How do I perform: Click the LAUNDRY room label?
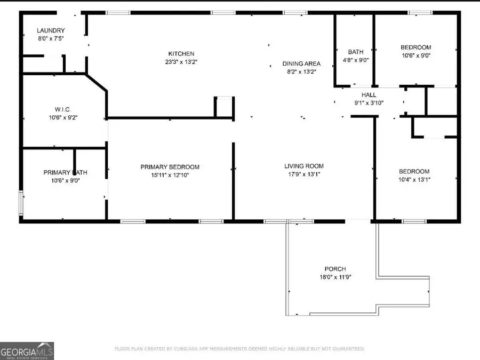click(x=51, y=31)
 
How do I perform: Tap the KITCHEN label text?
click(x=181, y=54)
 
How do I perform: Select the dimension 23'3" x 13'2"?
click(x=181, y=62)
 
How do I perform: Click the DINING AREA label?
click(x=301, y=63)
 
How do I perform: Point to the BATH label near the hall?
click(x=356, y=52)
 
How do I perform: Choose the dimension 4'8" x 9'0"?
click(x=356, y=60)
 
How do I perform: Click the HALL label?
click(x=369, y=95)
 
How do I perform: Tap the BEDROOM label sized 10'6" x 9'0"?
click(x=416, y=47)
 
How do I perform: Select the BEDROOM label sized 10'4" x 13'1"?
click(x=414, y=171)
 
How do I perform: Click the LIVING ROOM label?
click(x=304, y=166)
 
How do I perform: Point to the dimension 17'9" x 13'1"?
click(x=304, y=174)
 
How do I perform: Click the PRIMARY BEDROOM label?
click(x=170, y=167)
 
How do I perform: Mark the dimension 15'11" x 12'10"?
click(x=170, y=175)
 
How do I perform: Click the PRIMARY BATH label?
click(x=65, y=172)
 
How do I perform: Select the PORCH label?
click(x=335, y=269)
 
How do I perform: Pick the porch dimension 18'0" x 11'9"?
click(x=335, y=277)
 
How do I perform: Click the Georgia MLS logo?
click(x=27, y=351)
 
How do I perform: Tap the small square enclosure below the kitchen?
click(x=224, y=107)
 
